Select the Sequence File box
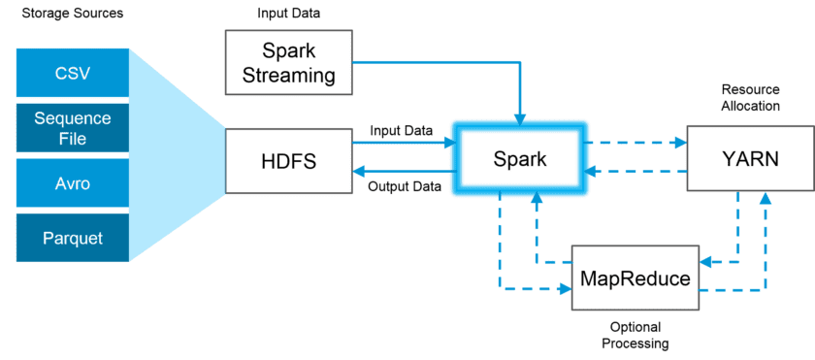73,129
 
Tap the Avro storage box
73,183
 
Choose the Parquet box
73,237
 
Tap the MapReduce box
636,278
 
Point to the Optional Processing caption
635,336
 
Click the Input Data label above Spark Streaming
288,14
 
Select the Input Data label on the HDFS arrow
400,129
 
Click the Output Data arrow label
402,187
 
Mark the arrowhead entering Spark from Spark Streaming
519,119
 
